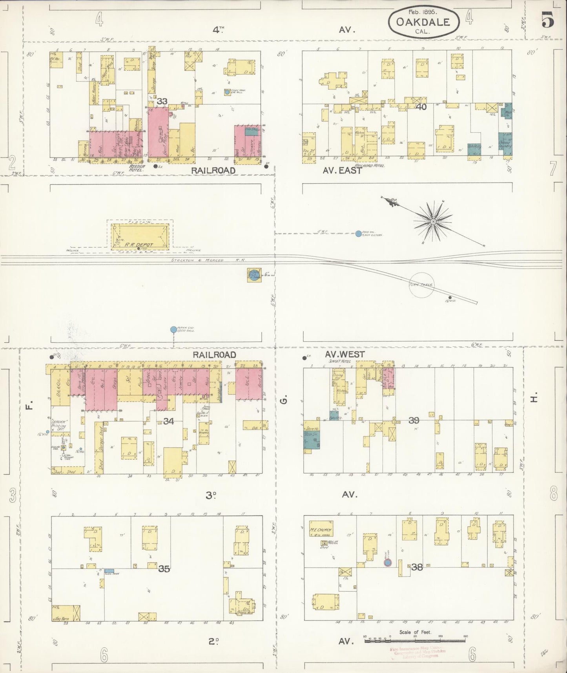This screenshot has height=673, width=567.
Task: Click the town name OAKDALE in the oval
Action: pos(423,22)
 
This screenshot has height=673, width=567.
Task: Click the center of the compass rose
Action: pos(433,222)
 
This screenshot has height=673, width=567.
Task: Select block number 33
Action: pos(162,101)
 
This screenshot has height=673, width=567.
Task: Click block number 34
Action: pos(168,421)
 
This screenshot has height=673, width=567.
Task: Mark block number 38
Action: pos(417,567)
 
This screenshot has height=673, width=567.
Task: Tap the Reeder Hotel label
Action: pos(137,168)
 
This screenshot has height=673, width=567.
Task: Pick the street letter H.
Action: pos(533,399)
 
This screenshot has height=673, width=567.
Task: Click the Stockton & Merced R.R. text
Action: pos(197,260)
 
